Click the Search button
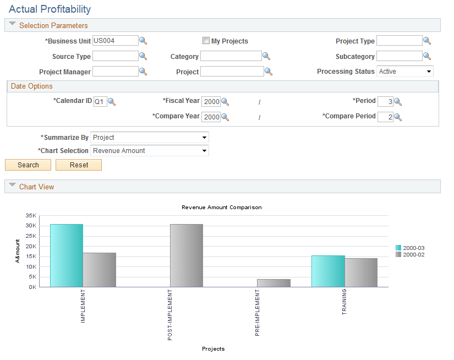pyautogui.click(x=28, y=165)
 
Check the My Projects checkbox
pyautogui.click(x=206, y=41)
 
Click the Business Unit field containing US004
pyautogui.click(x=115, y=41)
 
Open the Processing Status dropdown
pyautogui.click(x=404, y=72)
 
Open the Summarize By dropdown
pyautogui.click(x=149, y=138)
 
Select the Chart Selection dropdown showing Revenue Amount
pyautogui.click(x=149, y=151)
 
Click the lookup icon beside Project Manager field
pyautogui.click(x=143, y=72)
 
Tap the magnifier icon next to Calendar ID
pyautogui.click(x=112, y=102)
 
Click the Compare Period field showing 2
pyautogui.click(x=385, y=117)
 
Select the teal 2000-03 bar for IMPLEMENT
pyautogui.click(x=67, y=255)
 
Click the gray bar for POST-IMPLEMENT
pyautogui.click(x=186, y=255)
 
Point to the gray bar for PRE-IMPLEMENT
pyautogui.click(x=274, y=283)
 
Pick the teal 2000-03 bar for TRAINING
pyautogui.click(x=328, y=271)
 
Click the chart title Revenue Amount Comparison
pyautogui.click(x=222, y=208)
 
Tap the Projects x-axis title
pyautogui.click(x=213, y=349)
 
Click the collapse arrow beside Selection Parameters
pyautogui.click(x=12, y=25)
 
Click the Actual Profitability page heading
pyautogui.click(x=50, y=9)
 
